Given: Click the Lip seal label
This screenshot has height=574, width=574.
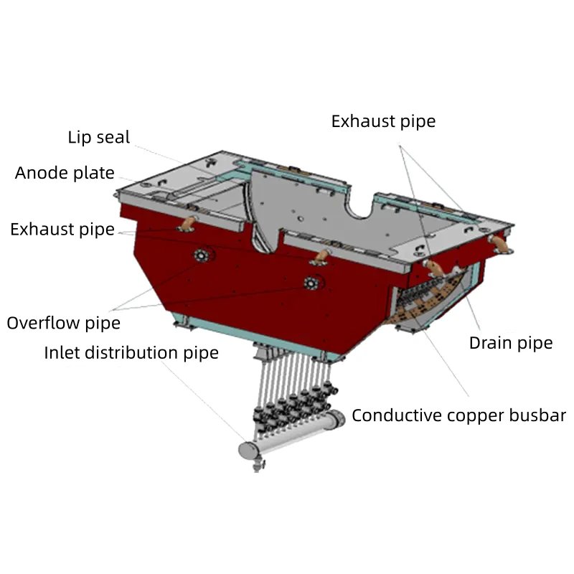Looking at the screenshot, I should [x=99, y=137].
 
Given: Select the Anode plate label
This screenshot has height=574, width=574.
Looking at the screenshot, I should [x=65, y=173].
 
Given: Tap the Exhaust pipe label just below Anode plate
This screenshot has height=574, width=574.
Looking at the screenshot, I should [x=62, y=230].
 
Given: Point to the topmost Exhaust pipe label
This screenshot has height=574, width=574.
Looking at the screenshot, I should [x=383, y=121].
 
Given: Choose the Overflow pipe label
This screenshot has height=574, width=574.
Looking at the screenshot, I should [x=64, y=323].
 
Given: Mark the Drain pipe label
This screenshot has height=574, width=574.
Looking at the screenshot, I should [x=511, y=343].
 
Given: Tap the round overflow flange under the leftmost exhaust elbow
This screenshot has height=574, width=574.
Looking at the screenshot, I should [x=202, y=256].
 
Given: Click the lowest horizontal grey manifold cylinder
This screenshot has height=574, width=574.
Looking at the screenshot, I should [x=253, y=450].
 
